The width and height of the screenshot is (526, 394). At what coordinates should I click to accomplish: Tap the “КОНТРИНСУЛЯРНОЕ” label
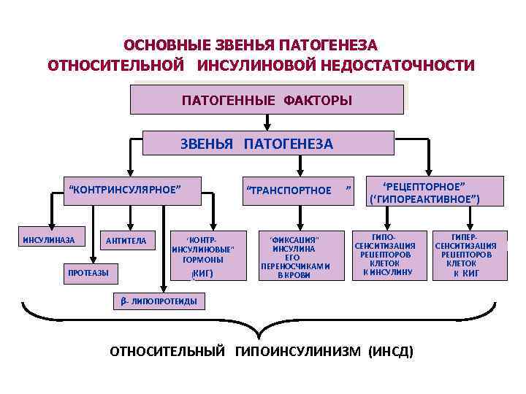[123, 189]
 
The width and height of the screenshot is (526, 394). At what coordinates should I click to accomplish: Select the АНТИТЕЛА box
[126, 240]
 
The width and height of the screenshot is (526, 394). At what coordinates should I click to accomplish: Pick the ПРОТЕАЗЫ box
[88, 273]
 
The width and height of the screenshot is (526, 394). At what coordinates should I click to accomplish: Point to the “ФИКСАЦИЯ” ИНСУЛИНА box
[295, 256]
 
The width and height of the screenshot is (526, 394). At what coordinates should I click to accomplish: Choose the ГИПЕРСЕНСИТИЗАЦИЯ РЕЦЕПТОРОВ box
[465, 255]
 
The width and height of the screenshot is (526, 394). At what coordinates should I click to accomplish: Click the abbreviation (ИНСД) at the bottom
[391, 352]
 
